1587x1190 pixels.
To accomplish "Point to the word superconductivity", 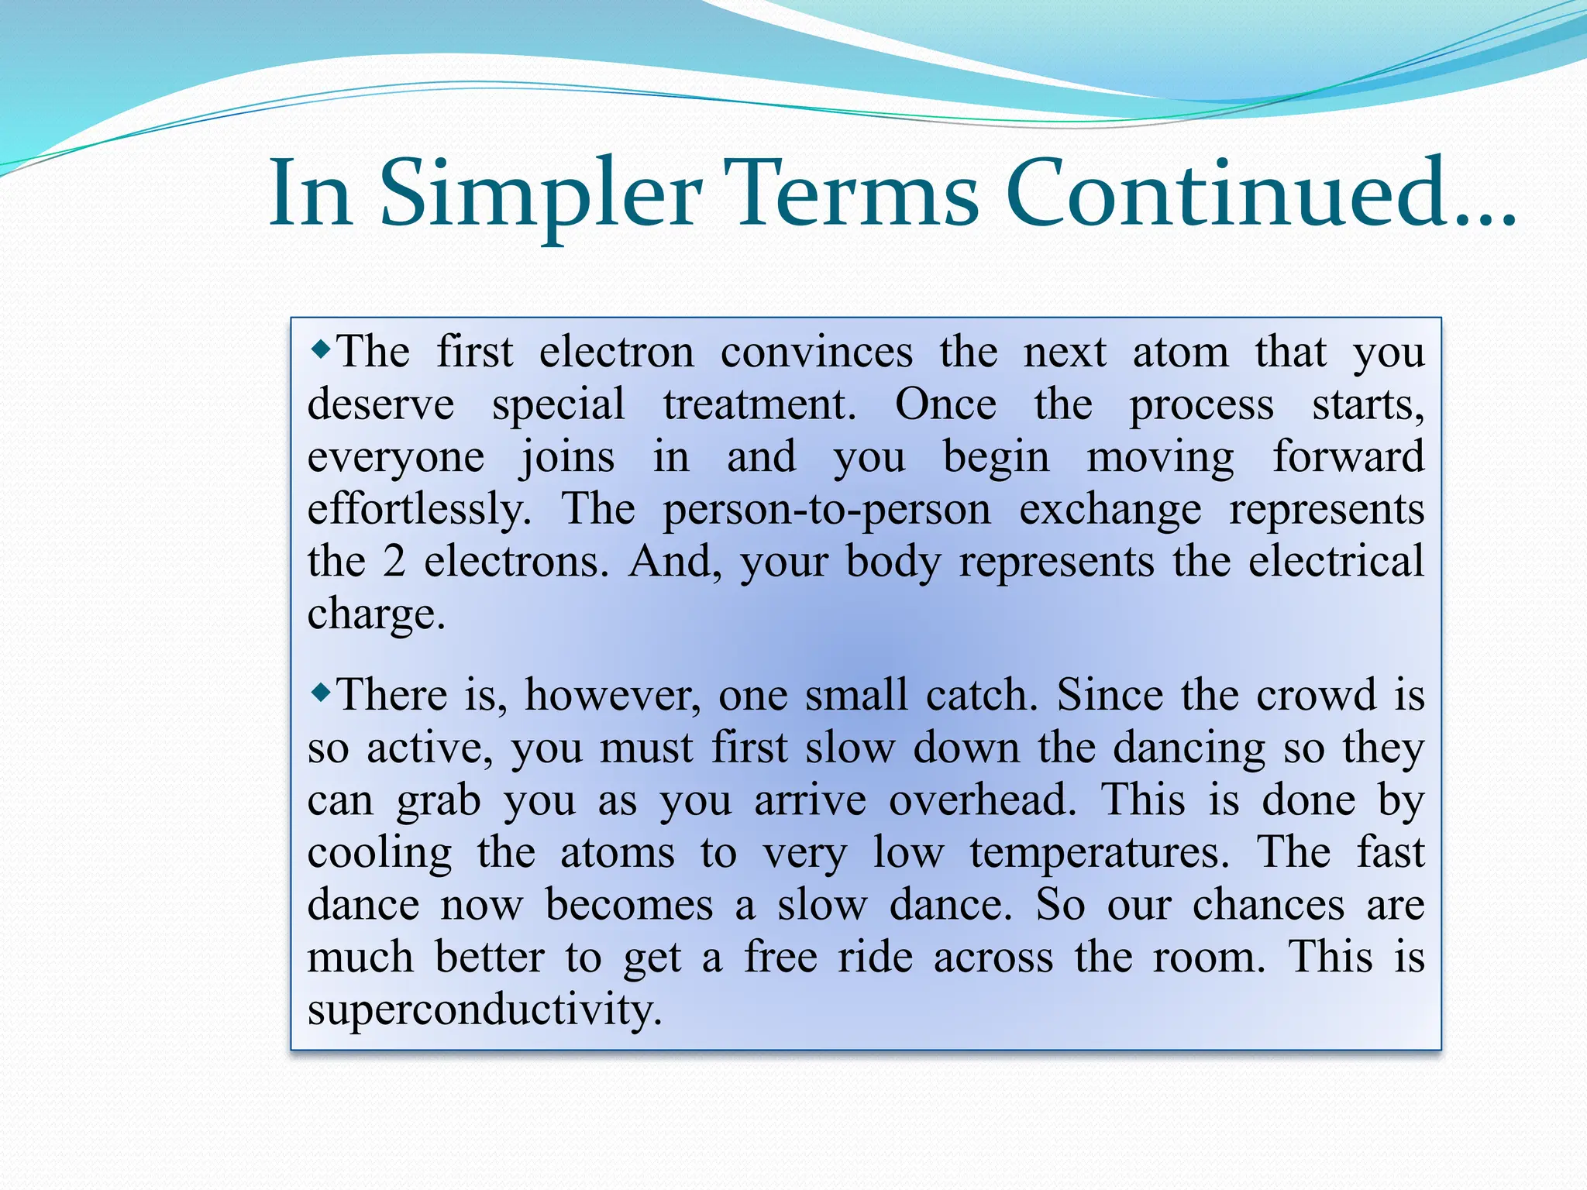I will point(484,1010).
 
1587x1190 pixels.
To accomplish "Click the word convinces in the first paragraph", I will point(816,353).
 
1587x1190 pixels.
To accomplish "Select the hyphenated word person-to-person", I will point(826,511).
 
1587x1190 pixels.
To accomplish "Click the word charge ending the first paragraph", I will point(376,615).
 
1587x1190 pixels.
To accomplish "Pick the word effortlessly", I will point(418,511).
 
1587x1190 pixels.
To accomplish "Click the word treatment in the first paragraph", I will point(759,405).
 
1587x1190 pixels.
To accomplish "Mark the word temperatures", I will point(1098,854).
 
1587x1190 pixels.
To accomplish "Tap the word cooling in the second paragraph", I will point(379,854).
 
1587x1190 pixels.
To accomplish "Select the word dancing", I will point(1189,749).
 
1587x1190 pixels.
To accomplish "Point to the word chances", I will point(1268,905).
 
